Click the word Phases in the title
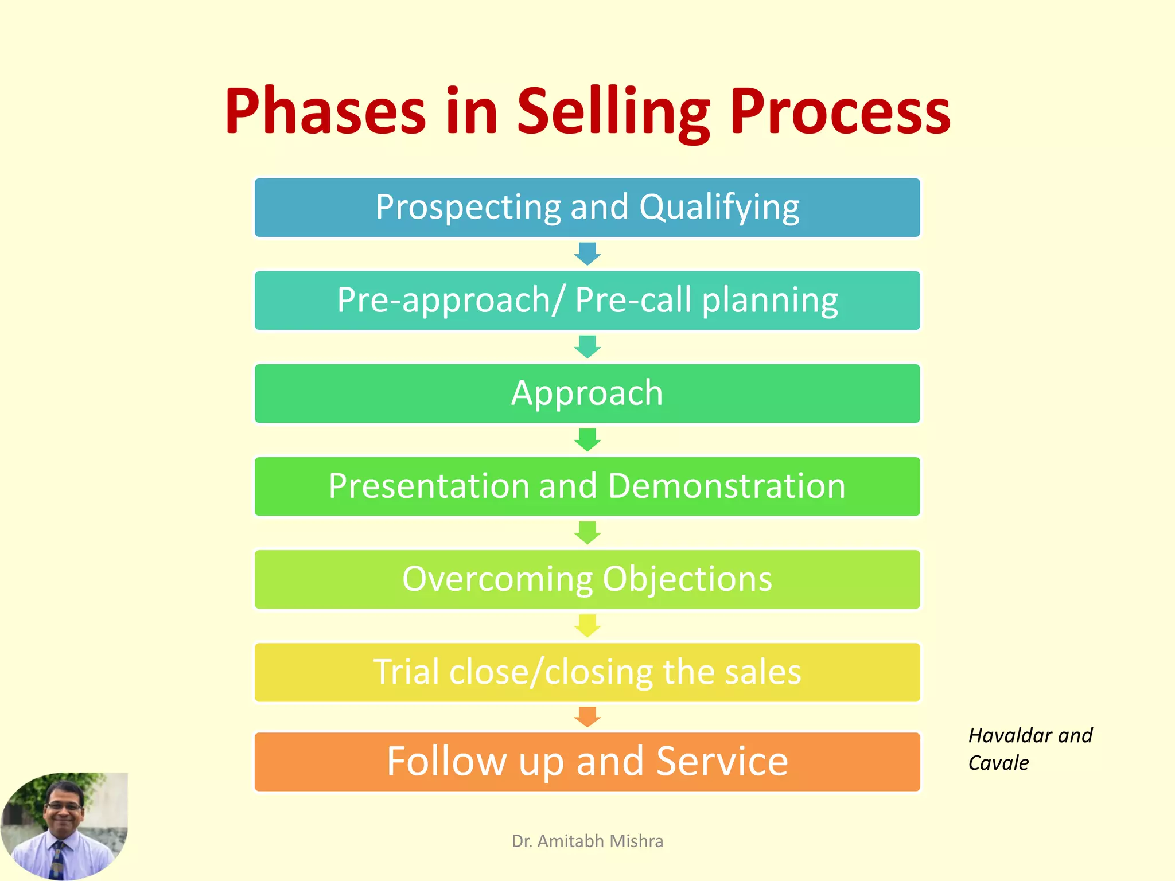tap(325, 112)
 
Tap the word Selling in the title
tap(613, 112)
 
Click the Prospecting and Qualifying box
tap(587, 208)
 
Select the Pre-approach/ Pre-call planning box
tap(587, 301)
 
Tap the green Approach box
tap(587, 393)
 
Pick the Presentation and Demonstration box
tap(587, 486)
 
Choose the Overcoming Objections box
tap(587, 579)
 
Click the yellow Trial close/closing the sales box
tap(587, 672)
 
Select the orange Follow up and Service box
tap(587, 762)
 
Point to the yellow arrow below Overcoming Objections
tap(587, 625)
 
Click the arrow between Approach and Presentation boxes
tap(587, 440)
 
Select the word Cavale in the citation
tap(998, 763)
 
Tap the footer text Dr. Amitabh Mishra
tap(587, 841)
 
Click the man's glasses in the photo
tap(64, 806)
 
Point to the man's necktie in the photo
tap(57, 860)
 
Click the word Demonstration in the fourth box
tap(726, 486)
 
